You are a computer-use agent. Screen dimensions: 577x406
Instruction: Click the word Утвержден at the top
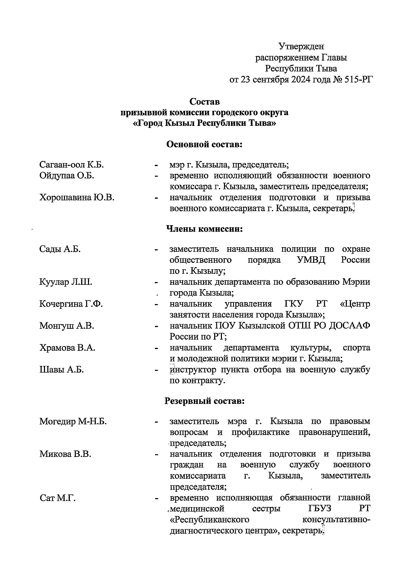(301, 46)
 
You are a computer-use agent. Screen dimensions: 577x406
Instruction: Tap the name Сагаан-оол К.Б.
(71, 165)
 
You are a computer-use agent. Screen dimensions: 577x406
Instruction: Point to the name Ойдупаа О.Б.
(67, 176)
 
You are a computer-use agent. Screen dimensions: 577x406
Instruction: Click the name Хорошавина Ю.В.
(77, 198)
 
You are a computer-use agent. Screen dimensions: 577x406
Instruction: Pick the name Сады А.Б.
(60, 249)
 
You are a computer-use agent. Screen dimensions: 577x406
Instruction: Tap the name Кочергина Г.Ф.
(71, 304)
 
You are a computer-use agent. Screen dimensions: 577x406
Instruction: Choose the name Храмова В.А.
(67, 348)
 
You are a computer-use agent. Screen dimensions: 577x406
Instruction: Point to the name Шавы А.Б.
(62, 369)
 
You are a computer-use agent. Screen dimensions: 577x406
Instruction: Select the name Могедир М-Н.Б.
(73, 421)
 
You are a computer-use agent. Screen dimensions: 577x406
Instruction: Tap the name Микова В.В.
(65, 454)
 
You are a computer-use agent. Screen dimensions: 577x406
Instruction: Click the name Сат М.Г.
(58, 498)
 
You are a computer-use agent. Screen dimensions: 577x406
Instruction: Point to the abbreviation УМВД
(311, 260)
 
